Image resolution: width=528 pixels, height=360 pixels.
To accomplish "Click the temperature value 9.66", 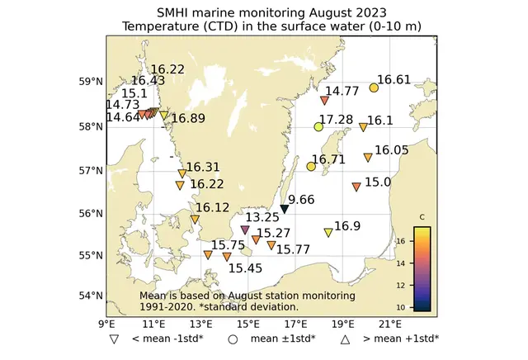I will coord(301,199).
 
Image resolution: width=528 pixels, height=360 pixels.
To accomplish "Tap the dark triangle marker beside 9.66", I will coord(285,209).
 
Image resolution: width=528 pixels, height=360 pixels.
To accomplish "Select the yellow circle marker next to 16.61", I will coord(374,88).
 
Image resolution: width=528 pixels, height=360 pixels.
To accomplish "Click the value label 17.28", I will coord(336,120).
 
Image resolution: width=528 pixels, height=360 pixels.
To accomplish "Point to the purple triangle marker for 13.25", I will coord(245,230).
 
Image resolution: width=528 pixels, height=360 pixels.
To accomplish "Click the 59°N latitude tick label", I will coord(89,82).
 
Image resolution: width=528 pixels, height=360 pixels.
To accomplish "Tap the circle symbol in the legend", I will coord(233,339).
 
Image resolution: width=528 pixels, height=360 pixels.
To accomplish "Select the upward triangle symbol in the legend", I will coord(346,339).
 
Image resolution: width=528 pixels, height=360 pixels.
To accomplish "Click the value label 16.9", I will coord(347,225).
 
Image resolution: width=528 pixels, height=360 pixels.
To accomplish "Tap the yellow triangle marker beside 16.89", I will coord(163,116).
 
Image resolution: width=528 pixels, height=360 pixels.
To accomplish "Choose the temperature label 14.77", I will coord(342,91).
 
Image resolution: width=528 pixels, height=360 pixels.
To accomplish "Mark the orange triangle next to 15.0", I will coord(356,187).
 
